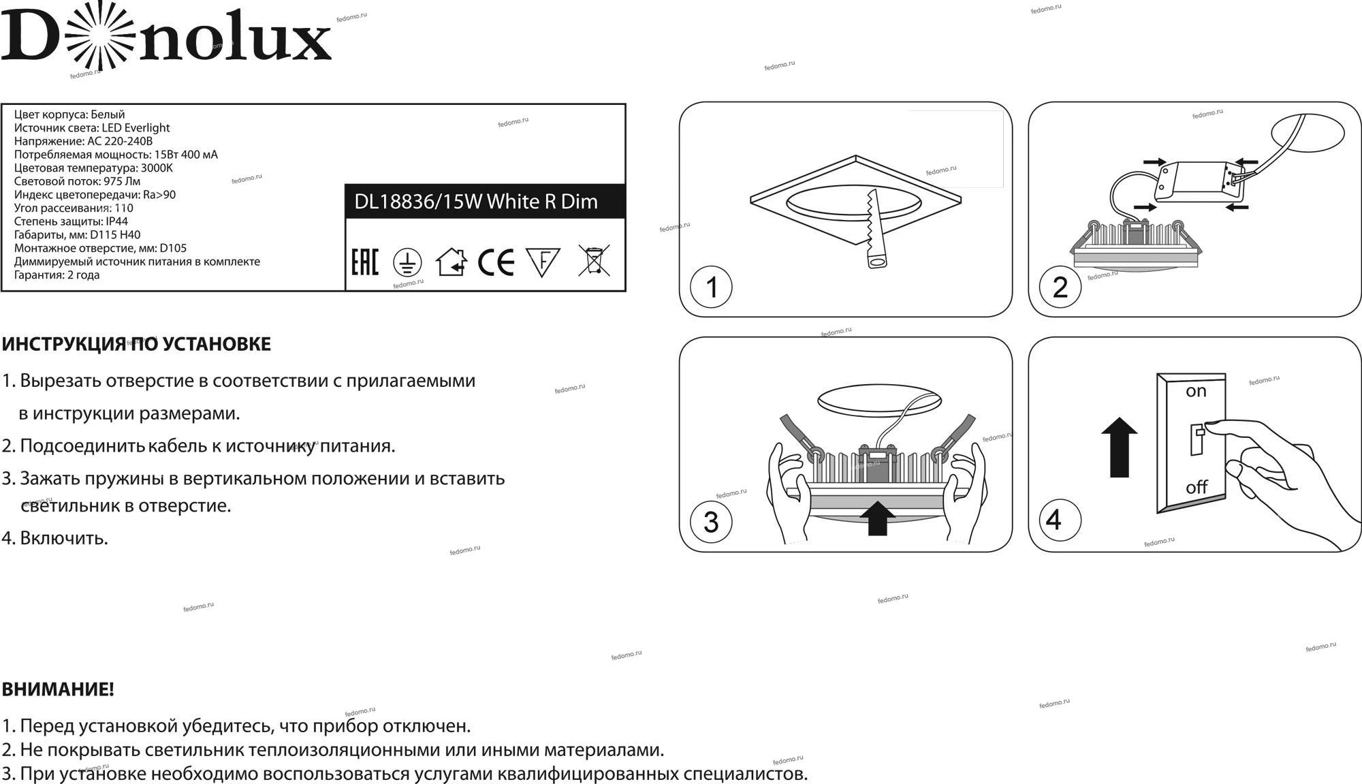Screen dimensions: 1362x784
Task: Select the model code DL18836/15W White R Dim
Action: coord(476,202)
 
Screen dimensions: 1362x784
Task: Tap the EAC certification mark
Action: coord(364,262)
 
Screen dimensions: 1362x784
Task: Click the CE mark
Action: coord(496,262)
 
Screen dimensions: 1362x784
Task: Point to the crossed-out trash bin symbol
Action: coord(594,260)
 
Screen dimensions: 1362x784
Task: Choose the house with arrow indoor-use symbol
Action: coord(452,262)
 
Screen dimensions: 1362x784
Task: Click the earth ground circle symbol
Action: coord(407,262)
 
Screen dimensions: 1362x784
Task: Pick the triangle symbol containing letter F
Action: coord(543,262)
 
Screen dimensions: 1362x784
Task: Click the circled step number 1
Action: coord(711,287)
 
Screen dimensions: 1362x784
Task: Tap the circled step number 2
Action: coord(1060,287)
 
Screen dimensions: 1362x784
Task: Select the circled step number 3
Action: coord(711,522)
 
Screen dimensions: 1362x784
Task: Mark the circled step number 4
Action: coord(1054,520)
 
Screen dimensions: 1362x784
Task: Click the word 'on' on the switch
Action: coord(1196,392)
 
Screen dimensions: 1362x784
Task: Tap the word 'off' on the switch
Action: coord(1197,487)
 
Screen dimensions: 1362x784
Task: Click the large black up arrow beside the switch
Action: coord(1120,447)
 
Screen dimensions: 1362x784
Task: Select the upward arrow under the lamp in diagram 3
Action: coord(878,518)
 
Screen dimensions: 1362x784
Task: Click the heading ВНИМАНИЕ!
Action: coord(58,689)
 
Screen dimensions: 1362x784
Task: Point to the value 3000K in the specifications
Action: coord(157,168)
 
